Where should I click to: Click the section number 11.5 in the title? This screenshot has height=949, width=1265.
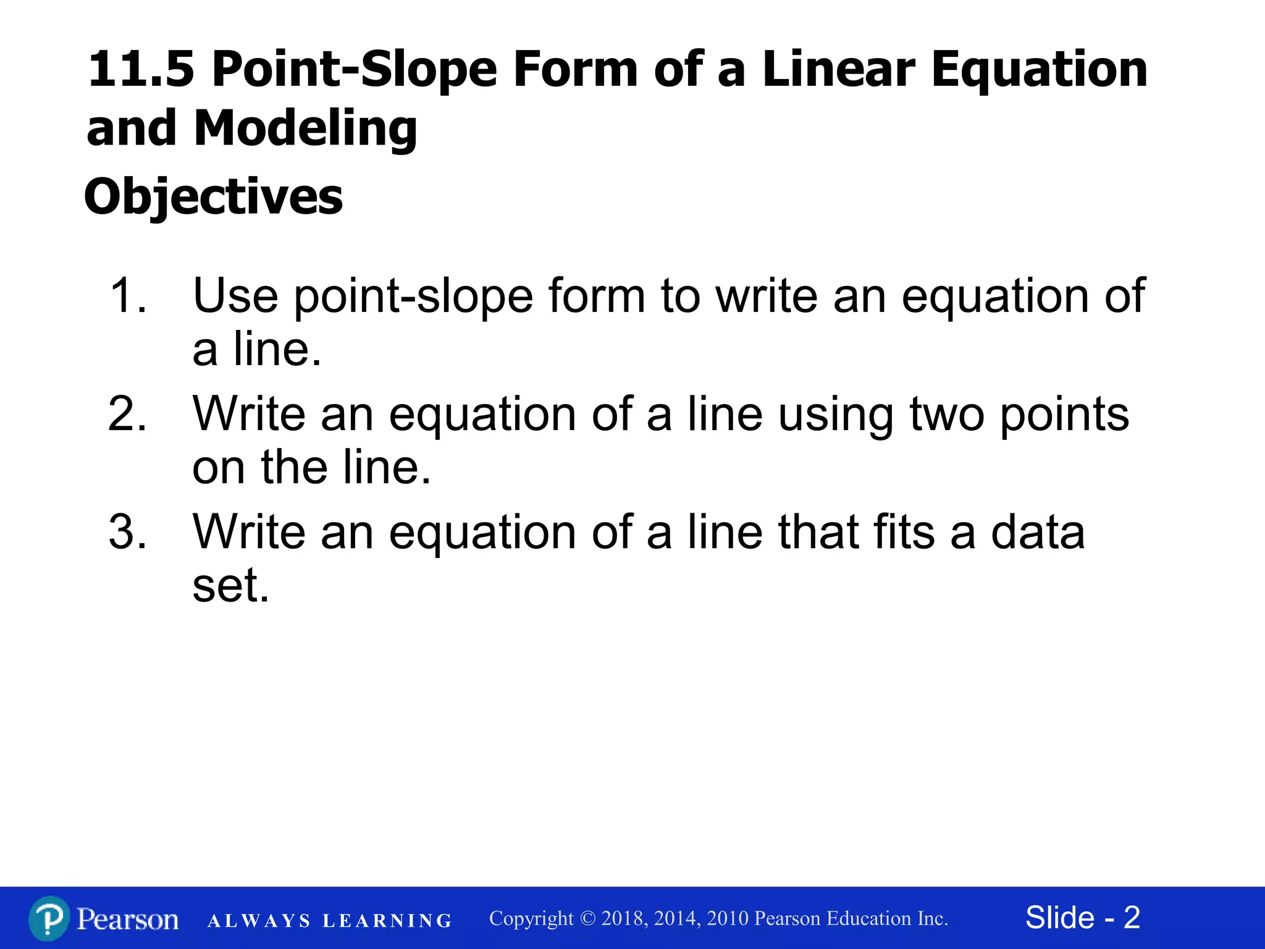tap(141, 69)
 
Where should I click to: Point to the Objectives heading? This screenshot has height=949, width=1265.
tap(214, 196)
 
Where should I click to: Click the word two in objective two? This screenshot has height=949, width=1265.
tap(947, 413)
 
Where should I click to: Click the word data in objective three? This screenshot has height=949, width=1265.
tap(1038, 531)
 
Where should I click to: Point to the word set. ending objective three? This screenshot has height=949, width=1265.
tap(231, 585)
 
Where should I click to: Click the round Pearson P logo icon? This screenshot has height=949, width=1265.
tap(49, 919)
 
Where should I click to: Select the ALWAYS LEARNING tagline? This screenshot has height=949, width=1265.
tap(330, 921)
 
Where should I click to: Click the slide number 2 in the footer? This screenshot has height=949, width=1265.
tap(1132, 917)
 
